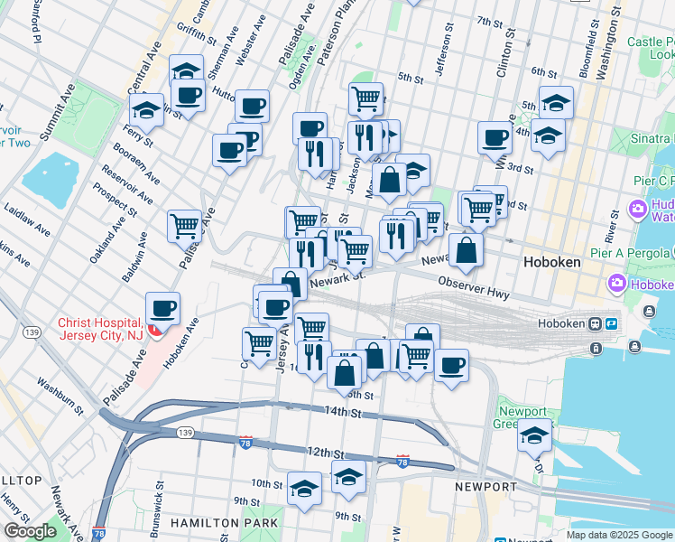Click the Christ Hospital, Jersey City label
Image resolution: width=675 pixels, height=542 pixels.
[99, 330]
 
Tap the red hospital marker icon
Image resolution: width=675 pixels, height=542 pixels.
[154, 331]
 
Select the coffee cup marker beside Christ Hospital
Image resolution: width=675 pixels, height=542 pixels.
[162, 309]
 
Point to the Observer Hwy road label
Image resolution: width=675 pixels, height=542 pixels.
[475, 289]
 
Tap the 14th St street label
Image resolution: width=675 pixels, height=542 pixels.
[343, 413]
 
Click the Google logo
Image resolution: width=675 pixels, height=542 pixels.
[30, 531]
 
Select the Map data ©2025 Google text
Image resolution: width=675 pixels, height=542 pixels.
[618, 535]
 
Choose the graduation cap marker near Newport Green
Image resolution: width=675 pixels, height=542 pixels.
[534, 436]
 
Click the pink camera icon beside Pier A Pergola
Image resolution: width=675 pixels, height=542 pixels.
[618, 284]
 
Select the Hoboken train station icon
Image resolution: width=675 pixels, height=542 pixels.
[595, 323]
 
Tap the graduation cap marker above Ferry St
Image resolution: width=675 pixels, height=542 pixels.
[145, 110]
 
